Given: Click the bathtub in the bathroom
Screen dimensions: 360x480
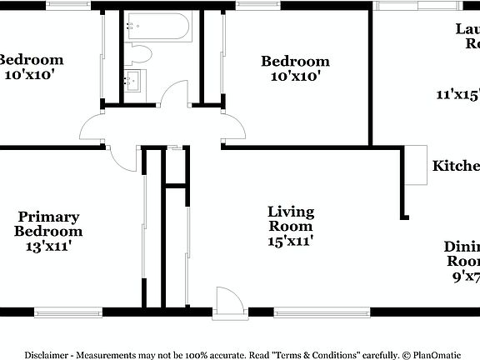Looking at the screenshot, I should (158, 29).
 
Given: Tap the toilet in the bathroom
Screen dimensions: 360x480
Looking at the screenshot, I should (140, 54).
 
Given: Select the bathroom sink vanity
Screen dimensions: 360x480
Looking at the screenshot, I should (133, 82).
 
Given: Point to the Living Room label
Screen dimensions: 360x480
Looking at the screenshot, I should (290, 218).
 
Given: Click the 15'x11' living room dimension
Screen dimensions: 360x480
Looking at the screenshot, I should (290, 241).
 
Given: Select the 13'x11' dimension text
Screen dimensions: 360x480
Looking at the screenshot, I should (49, 246).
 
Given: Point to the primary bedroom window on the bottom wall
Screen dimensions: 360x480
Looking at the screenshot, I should (68, 313).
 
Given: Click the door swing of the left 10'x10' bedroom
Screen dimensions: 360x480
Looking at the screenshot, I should (93, 129).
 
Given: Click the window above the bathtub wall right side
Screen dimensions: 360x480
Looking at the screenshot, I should (252, 5).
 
